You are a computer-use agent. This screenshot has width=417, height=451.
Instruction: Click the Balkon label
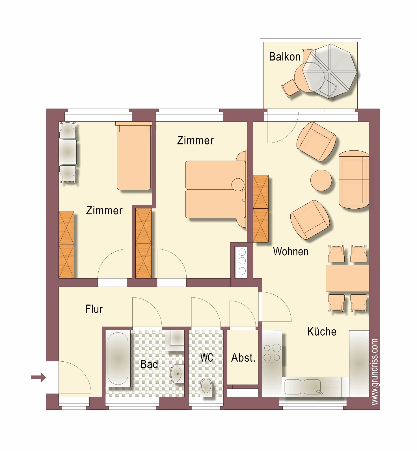tap(285, 57)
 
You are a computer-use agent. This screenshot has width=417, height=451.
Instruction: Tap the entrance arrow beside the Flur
tap(38, 377)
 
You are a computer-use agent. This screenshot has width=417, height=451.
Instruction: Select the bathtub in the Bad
tap(118, 359)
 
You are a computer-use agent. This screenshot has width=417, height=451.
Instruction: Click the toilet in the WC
tap(206, 387)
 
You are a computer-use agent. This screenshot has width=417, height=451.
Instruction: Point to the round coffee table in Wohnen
tap(321, 180)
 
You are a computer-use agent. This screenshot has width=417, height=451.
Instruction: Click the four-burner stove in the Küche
tap(272, 352)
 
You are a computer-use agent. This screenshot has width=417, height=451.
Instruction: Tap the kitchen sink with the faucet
tap(312, 387)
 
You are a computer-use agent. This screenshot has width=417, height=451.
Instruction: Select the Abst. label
tap(243, 358)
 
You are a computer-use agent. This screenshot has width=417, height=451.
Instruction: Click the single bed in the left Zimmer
tap(133, 156)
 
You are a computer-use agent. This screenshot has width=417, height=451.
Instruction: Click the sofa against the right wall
tap(354, 180)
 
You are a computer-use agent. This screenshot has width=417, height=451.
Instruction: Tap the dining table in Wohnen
tap(347, 278)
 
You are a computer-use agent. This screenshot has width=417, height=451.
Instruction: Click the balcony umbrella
tap(330, 71)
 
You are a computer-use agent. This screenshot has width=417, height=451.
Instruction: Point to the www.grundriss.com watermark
tap(374, 372)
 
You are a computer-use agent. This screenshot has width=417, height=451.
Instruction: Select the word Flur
tap(94, 309)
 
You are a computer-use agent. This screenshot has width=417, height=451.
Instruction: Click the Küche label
tap(322, 331)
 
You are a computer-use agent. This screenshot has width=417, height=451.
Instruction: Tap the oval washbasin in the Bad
tap(177, 374)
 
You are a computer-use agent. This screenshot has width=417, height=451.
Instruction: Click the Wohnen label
tap(291, 251)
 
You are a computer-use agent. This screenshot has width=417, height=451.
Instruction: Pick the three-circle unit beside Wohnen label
tap(242, 261)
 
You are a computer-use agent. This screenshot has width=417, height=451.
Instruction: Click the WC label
tap(207, 358)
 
